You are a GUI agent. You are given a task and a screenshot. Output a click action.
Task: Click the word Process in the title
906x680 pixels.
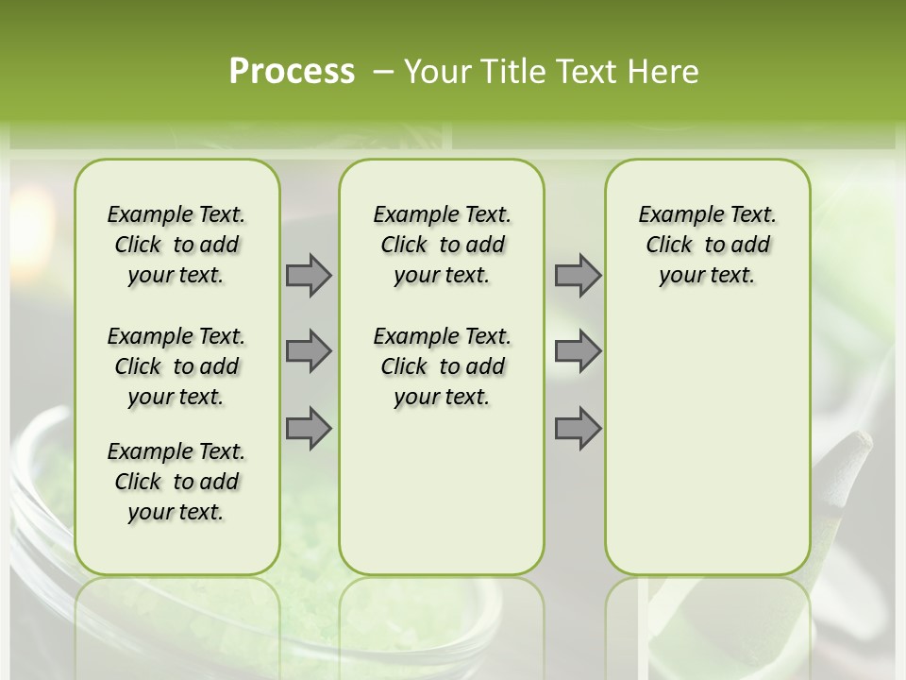[292, 72]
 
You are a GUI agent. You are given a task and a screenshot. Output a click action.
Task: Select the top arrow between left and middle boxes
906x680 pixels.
[309, 275]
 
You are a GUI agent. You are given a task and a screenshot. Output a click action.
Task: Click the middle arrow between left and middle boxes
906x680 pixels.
[309, 351]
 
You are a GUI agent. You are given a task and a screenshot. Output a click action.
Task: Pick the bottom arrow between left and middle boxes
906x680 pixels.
[309, 428]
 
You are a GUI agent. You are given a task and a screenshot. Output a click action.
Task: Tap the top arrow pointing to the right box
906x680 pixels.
[578, 275]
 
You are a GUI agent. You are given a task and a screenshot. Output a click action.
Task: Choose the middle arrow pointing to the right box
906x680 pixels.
[578, 351]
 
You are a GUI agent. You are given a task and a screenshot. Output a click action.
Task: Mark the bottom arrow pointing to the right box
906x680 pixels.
[578, 428]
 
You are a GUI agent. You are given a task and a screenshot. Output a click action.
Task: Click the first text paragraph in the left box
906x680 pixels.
[176, 245]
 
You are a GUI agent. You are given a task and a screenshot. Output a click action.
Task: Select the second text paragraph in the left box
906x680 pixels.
[176, 366]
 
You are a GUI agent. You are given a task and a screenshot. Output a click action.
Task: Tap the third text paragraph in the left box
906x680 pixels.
[176, 482]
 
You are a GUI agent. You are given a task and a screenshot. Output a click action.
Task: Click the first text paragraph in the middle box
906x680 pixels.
[442, 245]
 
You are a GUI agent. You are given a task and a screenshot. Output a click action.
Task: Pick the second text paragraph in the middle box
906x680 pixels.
[442, 366]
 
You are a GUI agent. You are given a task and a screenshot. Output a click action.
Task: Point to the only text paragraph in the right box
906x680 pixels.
[707, 245]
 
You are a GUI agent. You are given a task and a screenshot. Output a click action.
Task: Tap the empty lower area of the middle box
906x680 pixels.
[442, 491]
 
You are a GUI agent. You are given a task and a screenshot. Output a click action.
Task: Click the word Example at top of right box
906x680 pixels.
[674, 214]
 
